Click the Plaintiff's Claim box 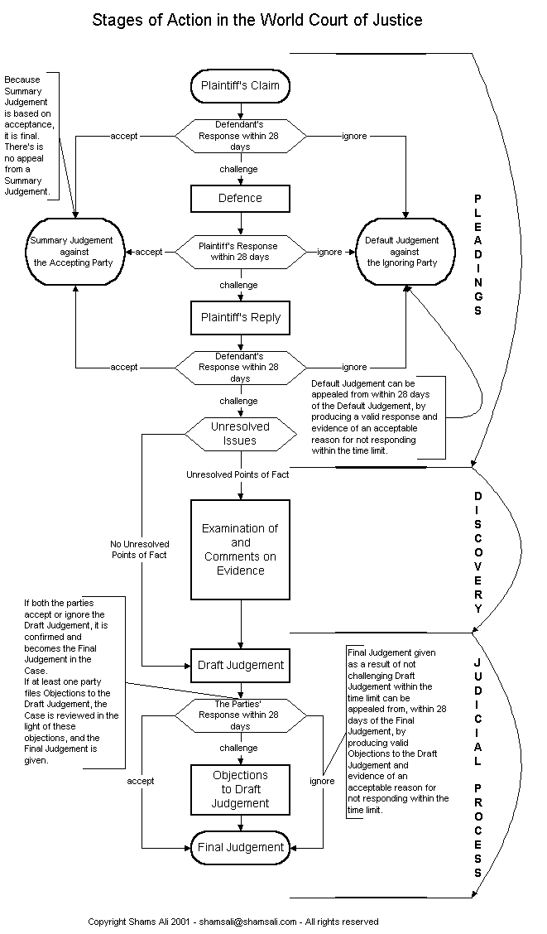click(x=240, y=85)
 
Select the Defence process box click(x=240, y=199)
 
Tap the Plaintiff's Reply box click(x=240, y=317)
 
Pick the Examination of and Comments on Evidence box click(x=241, y=549)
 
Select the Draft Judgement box click(x=240, y=665)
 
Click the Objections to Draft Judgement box click(x=240, y=789)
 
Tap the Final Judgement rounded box click(x=240, y=847)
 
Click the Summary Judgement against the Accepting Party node click(x=75, y=251)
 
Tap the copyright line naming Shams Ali click(x=233, y=921)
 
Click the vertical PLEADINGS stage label click(x=477, y=255)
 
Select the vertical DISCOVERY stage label click(x=477, y=551)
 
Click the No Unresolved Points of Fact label click(x=138, y=549)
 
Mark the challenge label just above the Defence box click(x=238, y=169)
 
